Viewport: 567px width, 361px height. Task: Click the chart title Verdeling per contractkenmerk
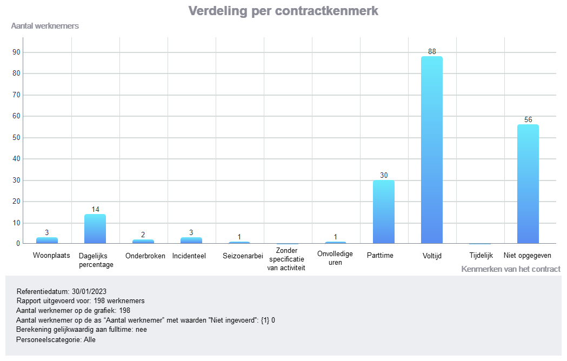[x=283, y=11]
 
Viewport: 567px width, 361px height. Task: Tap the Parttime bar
[x=384, y=212]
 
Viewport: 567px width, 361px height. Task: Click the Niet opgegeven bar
[x=528, y=184]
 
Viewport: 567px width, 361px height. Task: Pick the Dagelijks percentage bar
[x=95, y=229]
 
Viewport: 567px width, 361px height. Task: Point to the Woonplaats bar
[x=47, y=240]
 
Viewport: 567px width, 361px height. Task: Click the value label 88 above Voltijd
[x=432, y=52]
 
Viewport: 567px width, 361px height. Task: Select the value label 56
[x=528, y=119]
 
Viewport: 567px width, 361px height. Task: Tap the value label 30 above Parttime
[x=384, y=176]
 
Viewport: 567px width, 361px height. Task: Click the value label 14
[x=95, y=209]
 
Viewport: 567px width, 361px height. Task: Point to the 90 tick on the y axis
[x=16, y=52]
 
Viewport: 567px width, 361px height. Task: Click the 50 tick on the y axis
[x=16, y=137]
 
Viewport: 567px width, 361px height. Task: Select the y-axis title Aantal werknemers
[x=45, y=26]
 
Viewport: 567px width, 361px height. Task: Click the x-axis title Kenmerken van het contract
[x=511, y=269]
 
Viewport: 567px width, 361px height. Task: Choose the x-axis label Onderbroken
[x=145, y=256]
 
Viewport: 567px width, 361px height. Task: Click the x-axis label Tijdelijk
[x=481, y=256]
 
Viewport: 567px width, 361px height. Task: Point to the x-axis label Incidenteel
[x=189, y=256]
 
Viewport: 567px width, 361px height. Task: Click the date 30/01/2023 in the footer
[x=89, y=291]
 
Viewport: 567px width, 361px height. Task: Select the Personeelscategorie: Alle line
[x=56, y=340]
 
